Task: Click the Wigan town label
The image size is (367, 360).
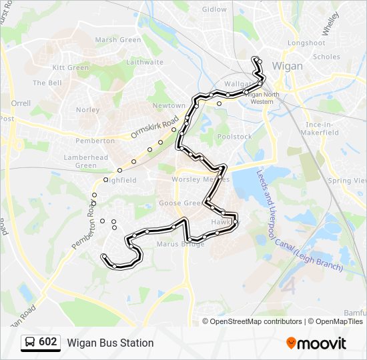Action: coord(288,67)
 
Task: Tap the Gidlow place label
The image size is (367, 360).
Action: coord(214,9)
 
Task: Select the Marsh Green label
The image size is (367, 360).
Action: coord(118,40)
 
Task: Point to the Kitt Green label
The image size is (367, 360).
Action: coord(71,68)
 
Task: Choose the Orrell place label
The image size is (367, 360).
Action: coord(21,104)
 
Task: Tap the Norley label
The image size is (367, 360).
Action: coord(87,110)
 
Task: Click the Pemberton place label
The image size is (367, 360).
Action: coord(95,141)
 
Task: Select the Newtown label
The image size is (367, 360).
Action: coord(169,106)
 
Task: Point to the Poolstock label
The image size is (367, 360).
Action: coord(235,137)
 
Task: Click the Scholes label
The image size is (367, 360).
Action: coord(326,57)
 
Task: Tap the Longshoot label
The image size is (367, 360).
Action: coord(306,43)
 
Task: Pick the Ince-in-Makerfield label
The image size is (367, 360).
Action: coord(322,129)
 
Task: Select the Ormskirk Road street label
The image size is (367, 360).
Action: coord(154,126)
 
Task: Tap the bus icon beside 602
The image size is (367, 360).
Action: coord(29,343)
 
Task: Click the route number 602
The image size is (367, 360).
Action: coord(47,342)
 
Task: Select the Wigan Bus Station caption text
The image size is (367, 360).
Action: coord(110,343)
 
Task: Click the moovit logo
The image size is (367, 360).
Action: coord(316,343)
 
